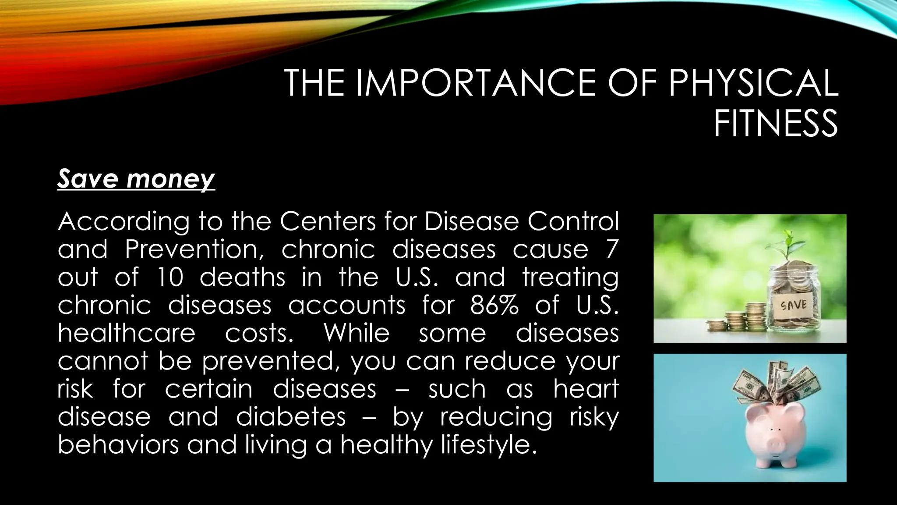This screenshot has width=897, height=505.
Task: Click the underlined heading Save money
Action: [136, 179]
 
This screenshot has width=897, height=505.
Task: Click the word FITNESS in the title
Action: [776, 124]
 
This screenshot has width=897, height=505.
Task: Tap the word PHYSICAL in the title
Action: [752, 83]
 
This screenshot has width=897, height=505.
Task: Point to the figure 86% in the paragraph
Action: [494, 305]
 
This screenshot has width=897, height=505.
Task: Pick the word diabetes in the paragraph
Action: [291, 416]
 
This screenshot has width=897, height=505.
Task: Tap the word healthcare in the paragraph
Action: [126, 333]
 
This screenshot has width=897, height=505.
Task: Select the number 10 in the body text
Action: [169, 277]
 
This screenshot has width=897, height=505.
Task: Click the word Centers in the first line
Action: [327, 221]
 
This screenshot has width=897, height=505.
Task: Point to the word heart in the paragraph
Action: [586, 388]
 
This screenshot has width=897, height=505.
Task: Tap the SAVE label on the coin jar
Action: [793, 305]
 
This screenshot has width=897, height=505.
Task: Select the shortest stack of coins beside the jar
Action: [716, 325]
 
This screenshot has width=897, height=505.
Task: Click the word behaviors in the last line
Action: [118, 445]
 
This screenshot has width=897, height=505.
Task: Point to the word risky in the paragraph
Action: [594, 416]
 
